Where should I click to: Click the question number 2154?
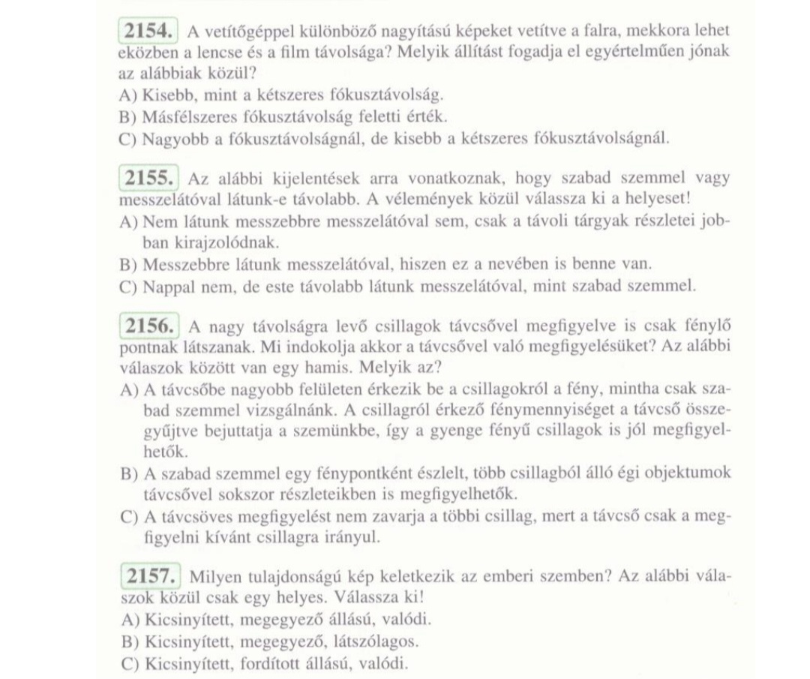point(148,32)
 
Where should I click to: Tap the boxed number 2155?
point(148,179)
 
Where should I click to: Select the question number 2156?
point(148,326)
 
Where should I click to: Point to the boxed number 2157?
point(149,576)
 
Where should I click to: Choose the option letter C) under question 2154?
point(129,139)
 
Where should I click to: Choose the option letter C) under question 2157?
point(129,664)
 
